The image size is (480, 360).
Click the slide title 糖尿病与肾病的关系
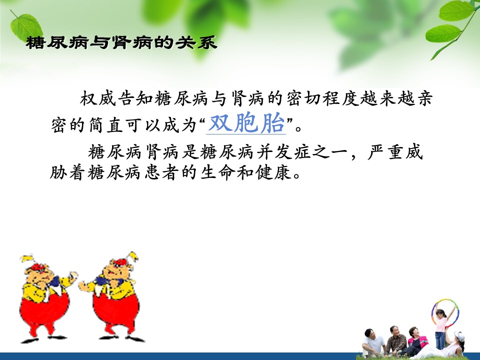[x=121, y=42]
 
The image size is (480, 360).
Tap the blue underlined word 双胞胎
[x=246, y=123]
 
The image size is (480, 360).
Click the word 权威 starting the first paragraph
[x=98, y=98]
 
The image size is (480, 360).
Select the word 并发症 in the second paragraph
[x=284, y=152]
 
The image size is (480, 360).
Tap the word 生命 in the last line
[x=218, y=172]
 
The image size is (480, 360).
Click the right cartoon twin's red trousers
[x=115, y=312]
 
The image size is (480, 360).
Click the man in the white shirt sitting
[x=372, y=343]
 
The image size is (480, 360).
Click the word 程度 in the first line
[x=340, y=98]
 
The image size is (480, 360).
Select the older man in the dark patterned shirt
[x=395, y=341]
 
